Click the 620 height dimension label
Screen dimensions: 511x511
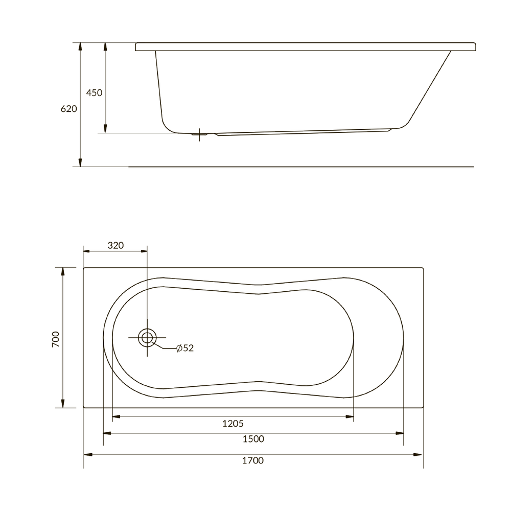click(68, 109)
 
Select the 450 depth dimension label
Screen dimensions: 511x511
click(94, 92)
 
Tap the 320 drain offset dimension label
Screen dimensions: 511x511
click(115, 245)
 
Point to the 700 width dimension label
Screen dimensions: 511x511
click(56, 339)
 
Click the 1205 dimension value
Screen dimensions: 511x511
click(233, 424)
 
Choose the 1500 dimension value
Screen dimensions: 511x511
click(253, 439)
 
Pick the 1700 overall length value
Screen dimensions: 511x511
click(253, 460)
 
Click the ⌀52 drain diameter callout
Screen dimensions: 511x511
click(184, 348)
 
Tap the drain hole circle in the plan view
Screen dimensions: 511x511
click(147, 338)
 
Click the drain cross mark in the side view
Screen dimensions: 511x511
click(199, 134)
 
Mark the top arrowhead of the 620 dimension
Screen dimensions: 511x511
click(80, 47)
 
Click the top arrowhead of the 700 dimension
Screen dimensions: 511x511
click(63, 271)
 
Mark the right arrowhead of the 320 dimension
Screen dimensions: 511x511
click(144, 251)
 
